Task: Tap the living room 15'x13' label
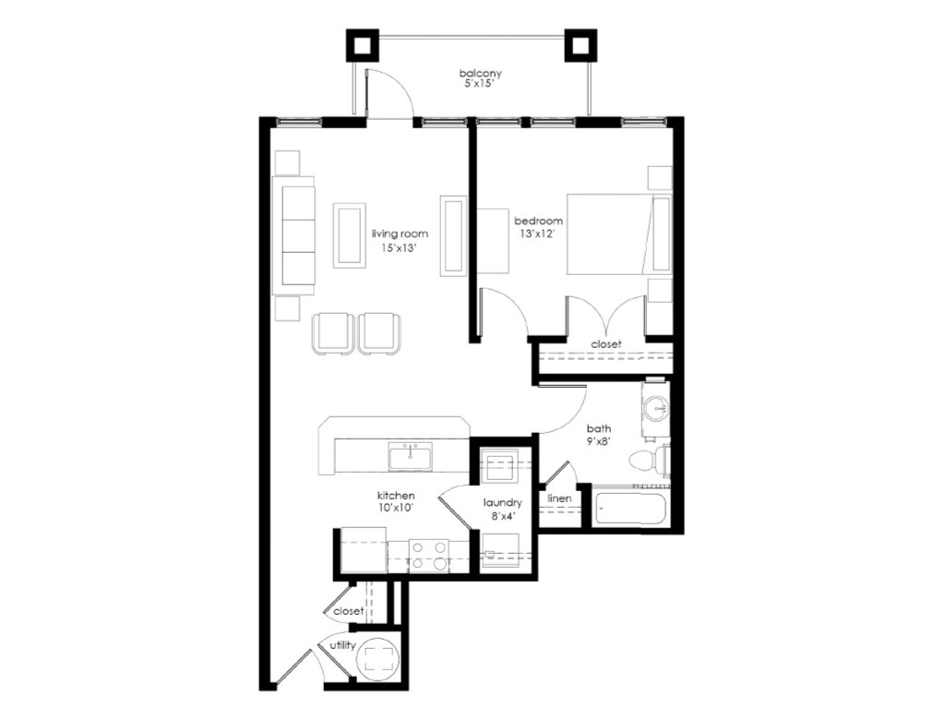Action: pyautogui.click(x=401, y=241)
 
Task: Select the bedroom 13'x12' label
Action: pyautogui.click(x=539, y=227)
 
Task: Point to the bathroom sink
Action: pyautogui.click(x=656, y=408)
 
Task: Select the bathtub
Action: pyautogui.click(x=630, y=510)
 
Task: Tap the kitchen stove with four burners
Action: pyautogui.click(x=428, y=555)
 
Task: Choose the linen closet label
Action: pyautogui.click(x=559, y=499)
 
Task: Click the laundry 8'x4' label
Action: pyautogui.click(x=503, y=509)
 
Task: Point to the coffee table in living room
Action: pyautogui.click(x=349, y=234)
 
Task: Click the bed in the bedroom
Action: pyautogui.click(x=616, y=234)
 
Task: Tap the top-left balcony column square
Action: pyautogui.click(x=362, y=44)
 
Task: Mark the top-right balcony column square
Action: pyautogui.click(x=581, y=44)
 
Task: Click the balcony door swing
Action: pyautogui.click(x=388, y=95)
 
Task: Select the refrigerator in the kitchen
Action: pyautogui.click(x=363, y=550)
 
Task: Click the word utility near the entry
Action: pyautogui.click(x=343, y=645)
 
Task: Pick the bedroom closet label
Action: pyautogui.click(x=606, y=344)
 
